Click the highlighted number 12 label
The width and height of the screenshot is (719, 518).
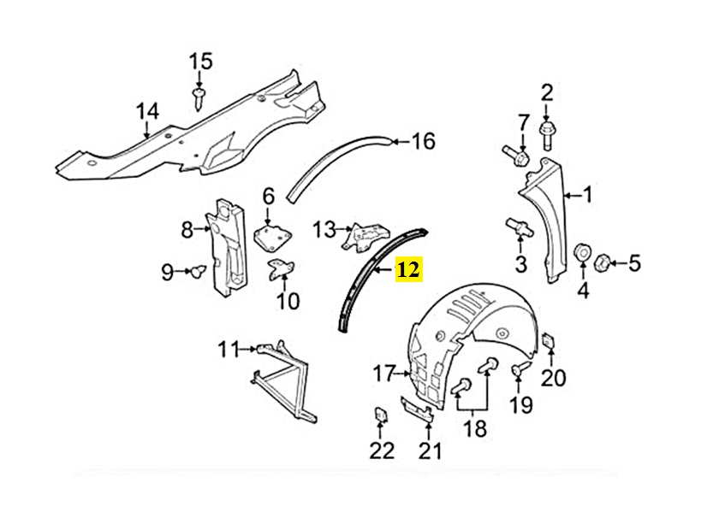407,271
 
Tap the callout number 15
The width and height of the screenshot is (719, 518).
199,62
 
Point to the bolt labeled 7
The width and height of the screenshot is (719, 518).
515,156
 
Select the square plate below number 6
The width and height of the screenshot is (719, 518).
272,233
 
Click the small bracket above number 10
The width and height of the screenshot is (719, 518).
281,270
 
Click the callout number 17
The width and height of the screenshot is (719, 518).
383,374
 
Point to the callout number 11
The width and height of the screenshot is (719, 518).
227,349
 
